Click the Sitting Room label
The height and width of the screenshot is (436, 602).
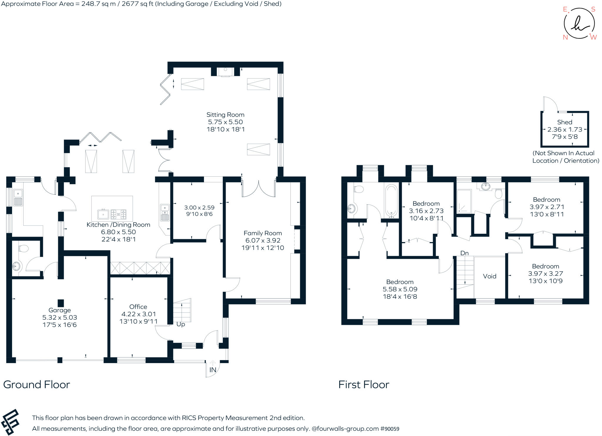coord(225,115)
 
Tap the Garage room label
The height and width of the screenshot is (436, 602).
coord(60,310)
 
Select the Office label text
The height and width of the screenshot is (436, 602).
coord(138,307)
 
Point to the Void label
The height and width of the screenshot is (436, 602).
coord(489,276)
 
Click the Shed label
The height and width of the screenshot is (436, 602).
coord(565,122)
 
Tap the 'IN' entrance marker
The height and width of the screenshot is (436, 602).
coord(213,370)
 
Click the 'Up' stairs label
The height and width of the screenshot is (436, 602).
coord(180,324)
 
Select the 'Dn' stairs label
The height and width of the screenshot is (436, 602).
coord(464,253)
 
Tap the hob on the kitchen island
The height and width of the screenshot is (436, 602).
coord(118,214)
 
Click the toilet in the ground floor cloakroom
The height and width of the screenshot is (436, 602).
coord(23,249)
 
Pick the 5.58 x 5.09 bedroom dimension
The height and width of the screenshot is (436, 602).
coord(400,289)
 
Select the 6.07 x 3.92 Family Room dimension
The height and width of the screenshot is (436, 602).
coord(263,240)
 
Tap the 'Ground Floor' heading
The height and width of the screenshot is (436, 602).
coord(36,385)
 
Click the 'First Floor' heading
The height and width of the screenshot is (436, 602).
coord(364,385)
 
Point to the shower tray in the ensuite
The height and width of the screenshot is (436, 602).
coord(464,202)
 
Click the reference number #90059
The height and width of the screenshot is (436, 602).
coord(390,429)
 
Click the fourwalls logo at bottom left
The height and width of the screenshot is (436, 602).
coord(10,422)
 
